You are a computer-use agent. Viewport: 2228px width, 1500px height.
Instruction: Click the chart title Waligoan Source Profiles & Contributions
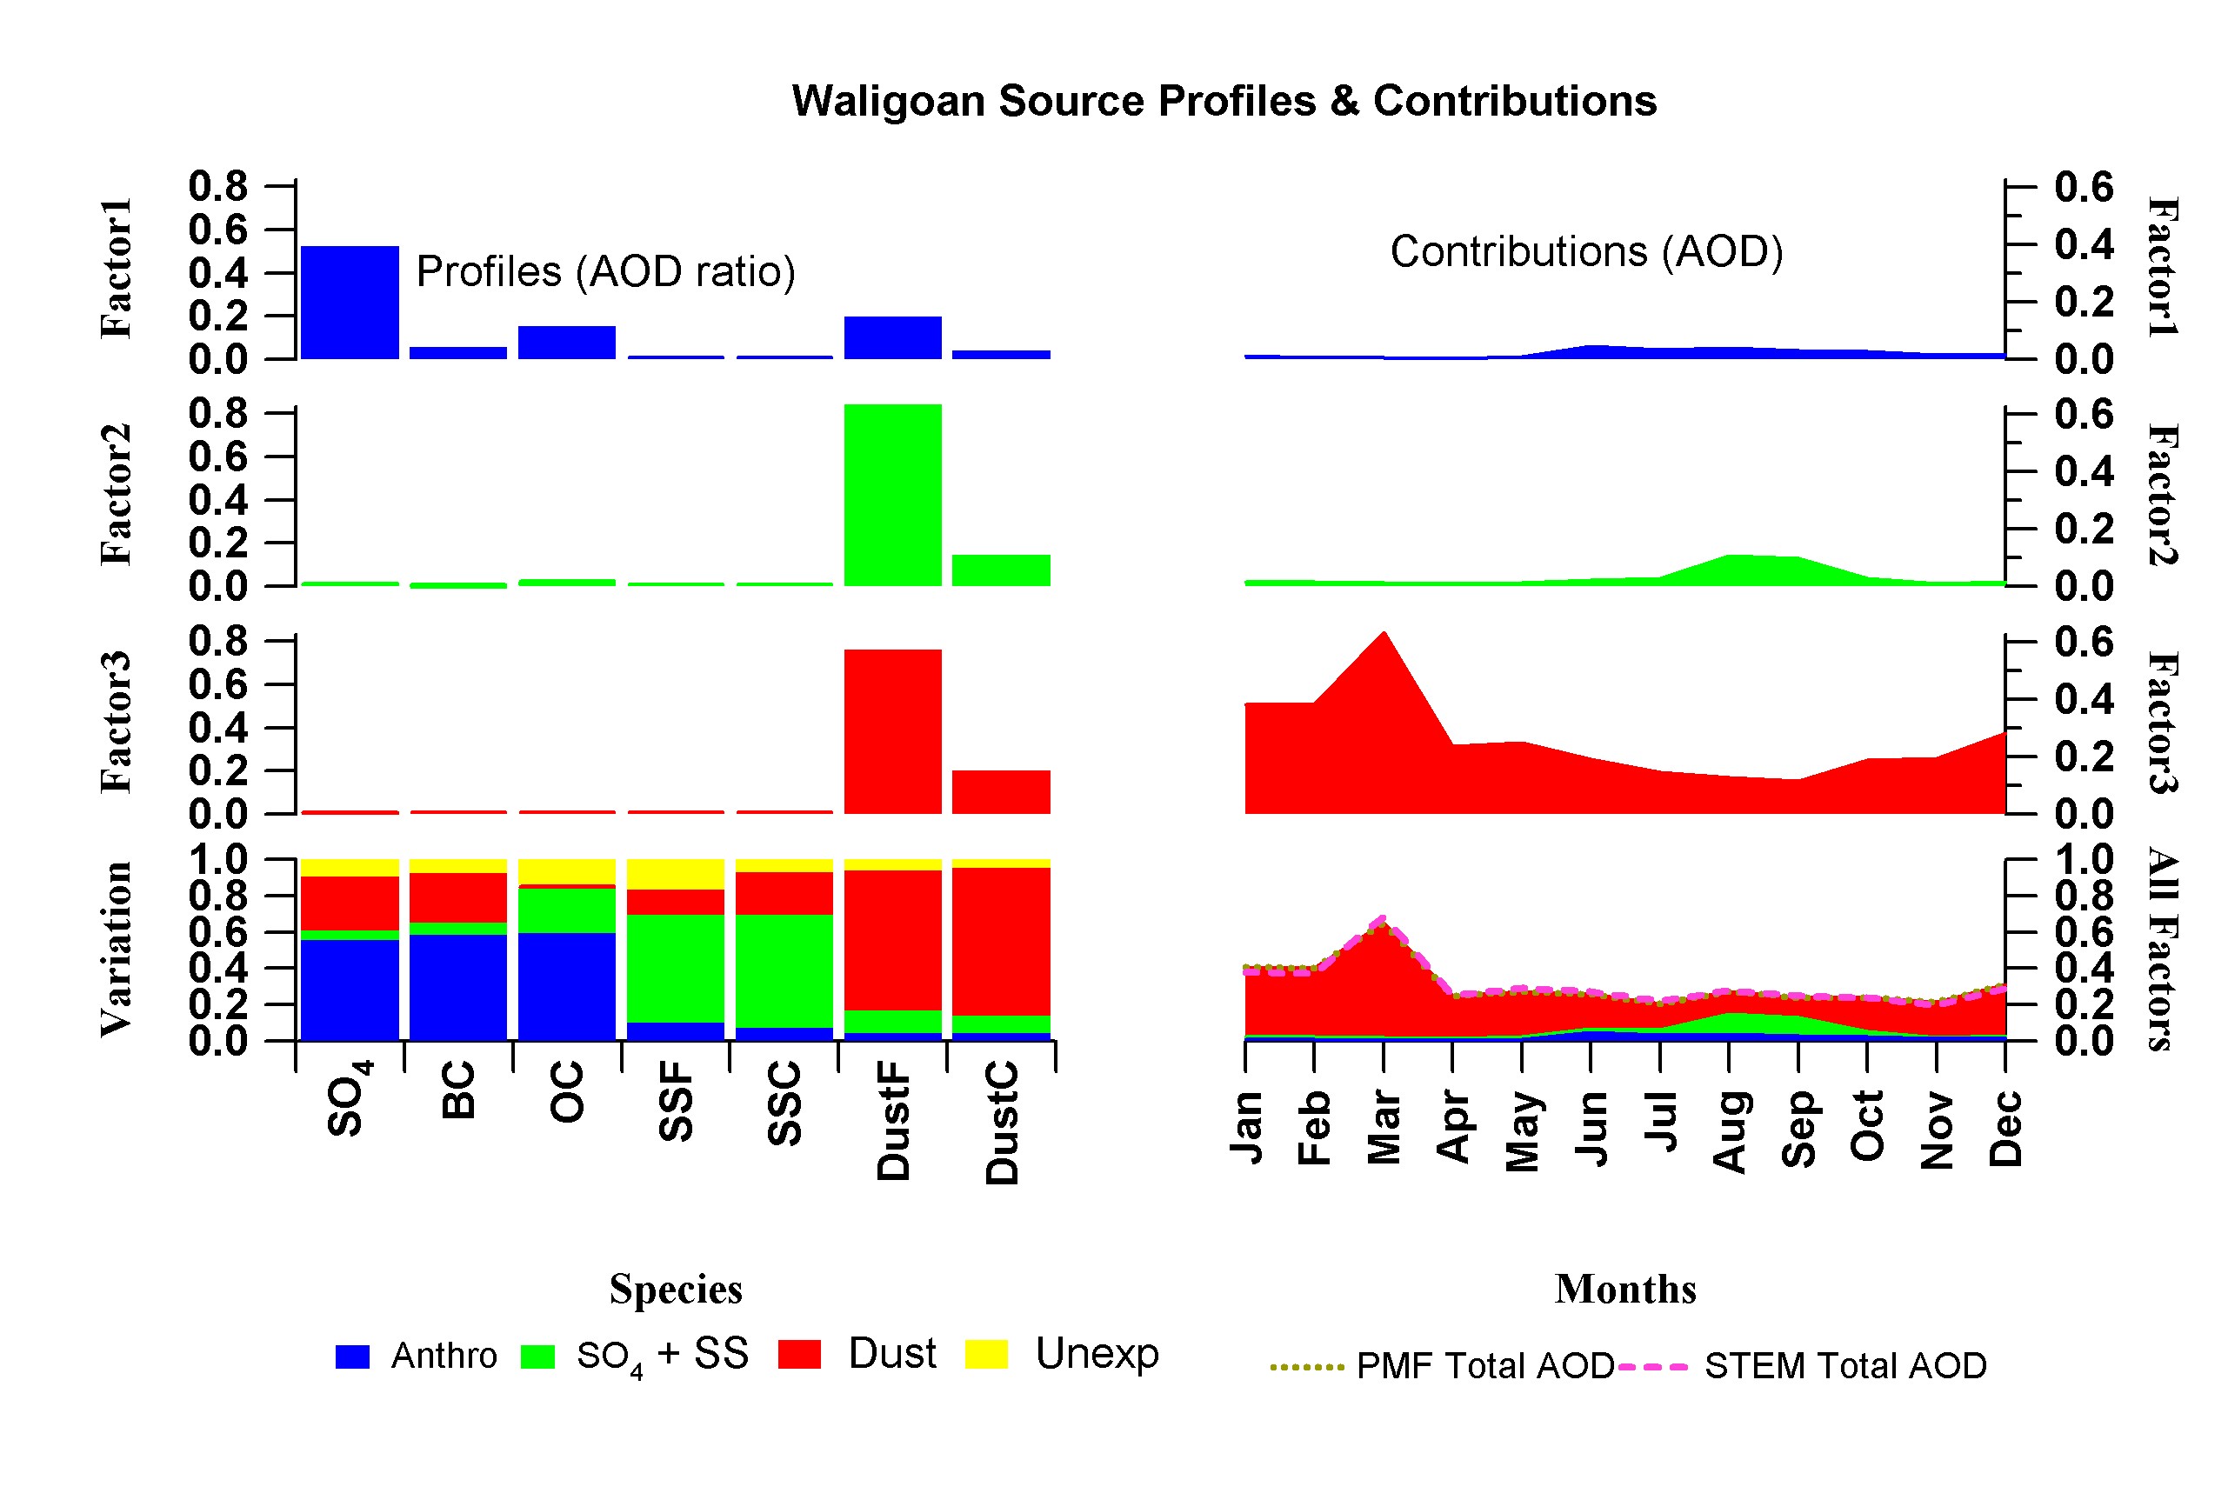(x=1224, y=101)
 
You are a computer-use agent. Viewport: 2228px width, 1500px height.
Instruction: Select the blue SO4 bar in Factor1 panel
(x=350, y=303)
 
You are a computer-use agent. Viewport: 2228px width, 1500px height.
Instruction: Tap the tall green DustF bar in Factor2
(x=891, y=495)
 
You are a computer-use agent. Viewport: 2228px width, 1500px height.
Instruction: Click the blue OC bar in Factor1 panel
(x=566, y=343)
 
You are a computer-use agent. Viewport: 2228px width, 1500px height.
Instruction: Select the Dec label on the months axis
(x=2005, y=1129)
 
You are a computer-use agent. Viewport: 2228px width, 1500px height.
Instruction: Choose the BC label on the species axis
(x=458, y=1090)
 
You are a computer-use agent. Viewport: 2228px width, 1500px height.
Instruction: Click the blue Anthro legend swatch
(x=352, y=1357)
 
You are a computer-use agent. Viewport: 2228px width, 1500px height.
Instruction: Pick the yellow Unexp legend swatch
(x=985, y=1355)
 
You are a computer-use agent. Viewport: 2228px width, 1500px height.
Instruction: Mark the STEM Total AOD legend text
(x=1844, y=1366)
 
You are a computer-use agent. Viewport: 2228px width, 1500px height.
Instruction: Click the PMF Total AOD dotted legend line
(x=1307, y=1367)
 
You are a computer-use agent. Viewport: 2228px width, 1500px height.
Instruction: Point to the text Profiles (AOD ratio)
(x=605, y=271)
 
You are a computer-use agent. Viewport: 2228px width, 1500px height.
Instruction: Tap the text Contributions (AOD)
(x=1586, y=251)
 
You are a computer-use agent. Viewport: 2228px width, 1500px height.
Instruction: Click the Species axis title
(x=676, y=1289)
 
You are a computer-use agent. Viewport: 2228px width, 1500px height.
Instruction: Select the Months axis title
(x=1625, y=1289)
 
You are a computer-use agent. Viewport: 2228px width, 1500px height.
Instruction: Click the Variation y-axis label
(x=116, y=949)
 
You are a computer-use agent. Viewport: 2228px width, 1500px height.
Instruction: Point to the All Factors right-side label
(x=2163, y=949)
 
